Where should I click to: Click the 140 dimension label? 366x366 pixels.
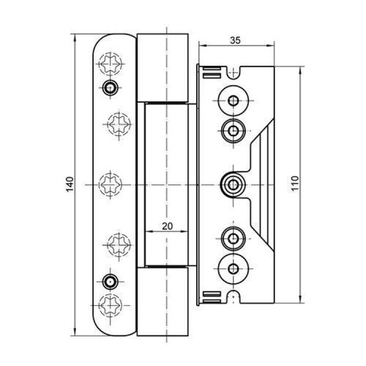tap(70, 184)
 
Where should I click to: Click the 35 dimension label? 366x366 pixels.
tap(235, 40)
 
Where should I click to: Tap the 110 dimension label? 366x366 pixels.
tap(295, 184)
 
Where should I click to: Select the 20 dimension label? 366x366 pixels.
tap(168, 226)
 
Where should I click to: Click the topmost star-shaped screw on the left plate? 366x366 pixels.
tap(111, 64)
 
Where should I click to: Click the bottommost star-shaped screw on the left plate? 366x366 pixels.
tap(111, 305)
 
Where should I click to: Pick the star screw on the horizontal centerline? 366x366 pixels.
tap(111, 184)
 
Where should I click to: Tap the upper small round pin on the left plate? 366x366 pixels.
tap(110, 87)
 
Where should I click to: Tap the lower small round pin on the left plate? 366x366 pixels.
tap(110, 282)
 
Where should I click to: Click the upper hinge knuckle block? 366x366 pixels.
tap(163, 67)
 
